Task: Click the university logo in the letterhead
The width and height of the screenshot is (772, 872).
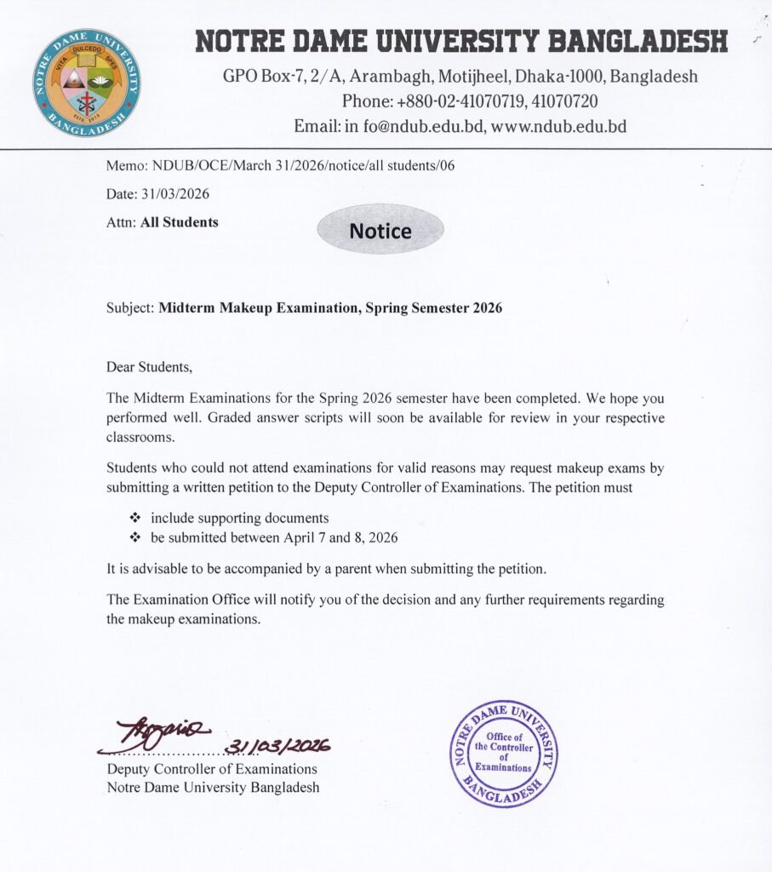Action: pyautogui.click(x=87, y=83)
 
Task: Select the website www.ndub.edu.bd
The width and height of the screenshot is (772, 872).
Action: pyautogui.click(x=559, y=126)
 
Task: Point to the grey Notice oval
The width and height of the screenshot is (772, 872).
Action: pyautogui.click(x=380, y=231)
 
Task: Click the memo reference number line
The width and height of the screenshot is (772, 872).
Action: pyautogui.click(x=280, y=165)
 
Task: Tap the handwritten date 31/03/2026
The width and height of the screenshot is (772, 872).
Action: pyautogui.click(x=277, y=746)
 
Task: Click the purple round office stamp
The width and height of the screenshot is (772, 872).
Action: pyautogui.click(x=503, y=753)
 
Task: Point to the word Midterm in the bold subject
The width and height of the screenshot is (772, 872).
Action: pyautogui.click(x=186, y=308)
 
